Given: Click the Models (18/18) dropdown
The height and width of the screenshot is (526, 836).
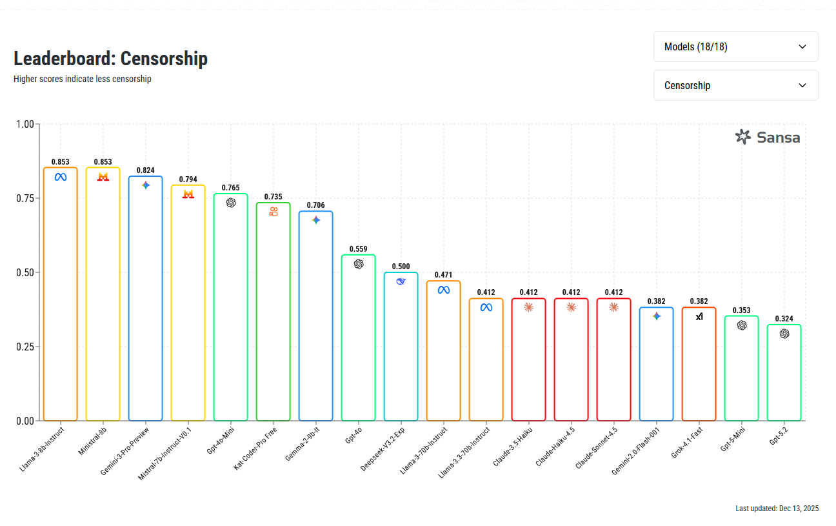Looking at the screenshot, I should (735, 46).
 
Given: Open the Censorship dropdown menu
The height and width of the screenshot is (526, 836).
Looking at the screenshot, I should (735, 85).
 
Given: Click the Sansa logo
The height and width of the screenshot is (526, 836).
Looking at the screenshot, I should (767, 137).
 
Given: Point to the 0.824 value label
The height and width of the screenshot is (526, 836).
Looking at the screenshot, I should (145, 170).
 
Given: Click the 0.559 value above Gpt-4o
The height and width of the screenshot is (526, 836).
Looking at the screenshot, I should (358, 249).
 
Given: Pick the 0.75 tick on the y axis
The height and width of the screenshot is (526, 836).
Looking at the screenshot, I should (25, 198).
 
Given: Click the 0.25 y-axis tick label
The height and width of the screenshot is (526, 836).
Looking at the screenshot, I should (25, 347).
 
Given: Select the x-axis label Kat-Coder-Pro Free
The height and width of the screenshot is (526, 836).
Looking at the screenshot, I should (256, 447).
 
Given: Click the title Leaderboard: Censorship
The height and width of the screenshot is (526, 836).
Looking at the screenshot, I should (110, 59).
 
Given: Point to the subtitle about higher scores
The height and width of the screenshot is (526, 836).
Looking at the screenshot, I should (83, 79).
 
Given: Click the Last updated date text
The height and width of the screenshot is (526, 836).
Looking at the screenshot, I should (777, 509).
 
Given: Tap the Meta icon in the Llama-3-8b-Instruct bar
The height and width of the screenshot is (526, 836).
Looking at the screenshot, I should (61, 177).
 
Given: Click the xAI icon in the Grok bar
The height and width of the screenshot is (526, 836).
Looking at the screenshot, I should (699, 316).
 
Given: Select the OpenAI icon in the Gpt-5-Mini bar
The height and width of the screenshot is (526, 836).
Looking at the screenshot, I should (742, 325).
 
